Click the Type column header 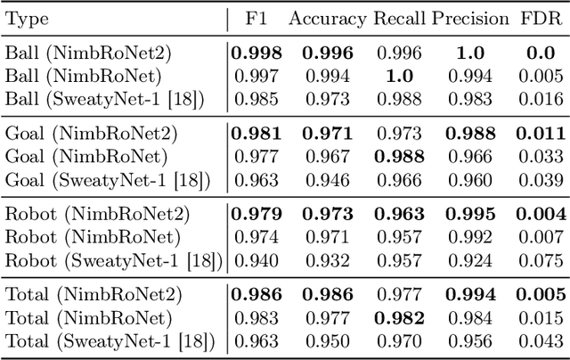[x=27, y=19]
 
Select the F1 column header [x=256, y=19]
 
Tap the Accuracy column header [x=327, y=19]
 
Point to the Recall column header [x=397, y=19]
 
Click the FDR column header [x=540, y=19]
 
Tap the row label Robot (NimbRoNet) [x=93, y=238]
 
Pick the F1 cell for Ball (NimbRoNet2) [x=256, y=53]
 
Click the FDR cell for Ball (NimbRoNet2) [x=540, y=53]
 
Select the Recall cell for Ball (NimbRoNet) [x=397, y=75]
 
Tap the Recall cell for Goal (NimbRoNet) [x=397, y=158]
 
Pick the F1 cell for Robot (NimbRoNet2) [x=256, y=215]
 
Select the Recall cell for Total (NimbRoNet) [x=397, y=317]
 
